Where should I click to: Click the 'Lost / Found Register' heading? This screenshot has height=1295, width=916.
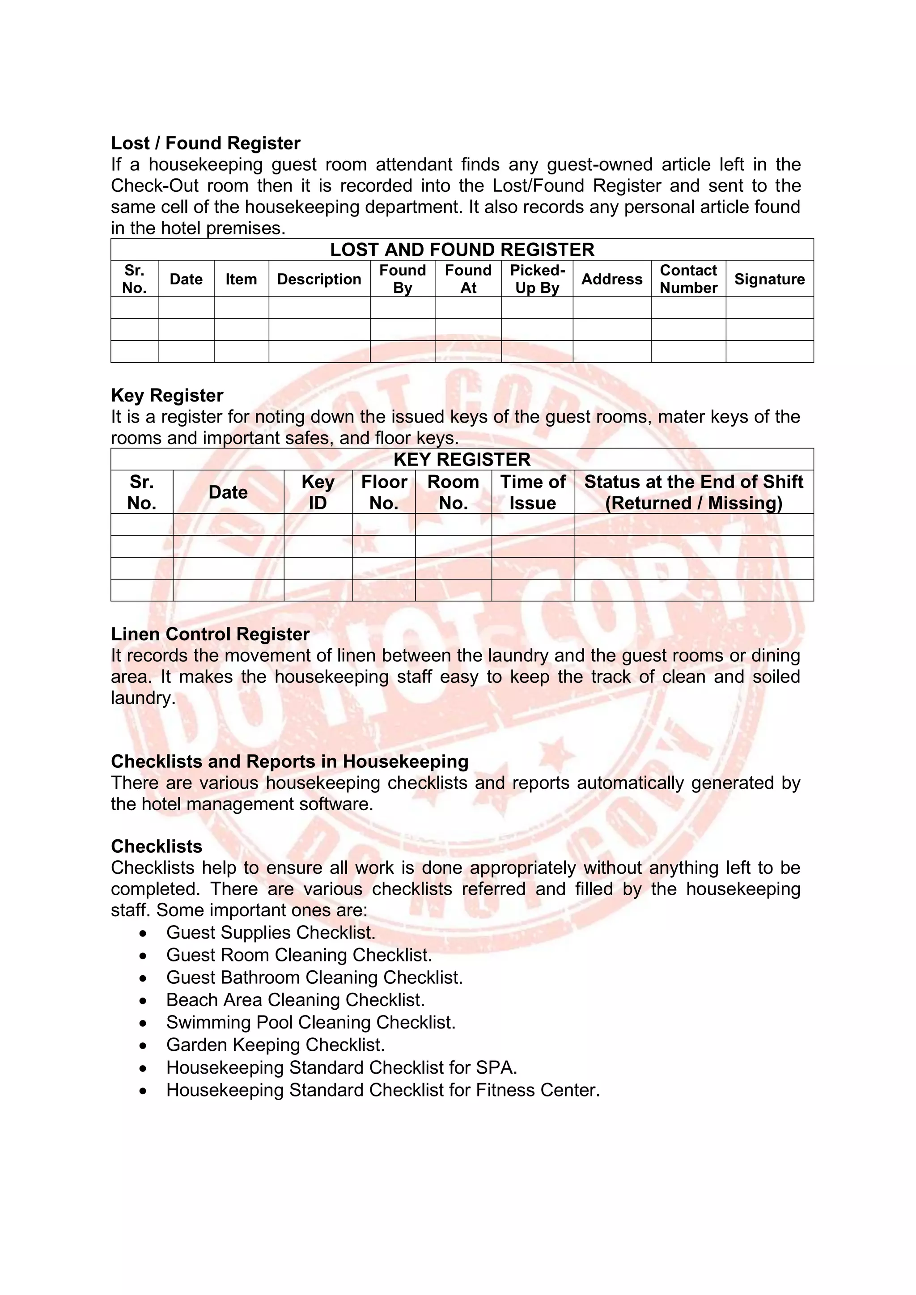coord(205,143)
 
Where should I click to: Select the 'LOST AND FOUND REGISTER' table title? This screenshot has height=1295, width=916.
coord(462,250)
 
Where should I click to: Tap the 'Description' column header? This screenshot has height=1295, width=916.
coord(319,279)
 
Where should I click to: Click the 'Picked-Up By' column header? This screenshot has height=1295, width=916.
coord(537,279)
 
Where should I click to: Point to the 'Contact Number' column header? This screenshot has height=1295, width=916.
coord(688,279)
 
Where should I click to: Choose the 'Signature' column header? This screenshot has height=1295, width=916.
coord(769,279)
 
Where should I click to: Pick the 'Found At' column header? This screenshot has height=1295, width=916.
coord(468,279)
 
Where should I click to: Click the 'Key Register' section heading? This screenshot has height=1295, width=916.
coord(167,395)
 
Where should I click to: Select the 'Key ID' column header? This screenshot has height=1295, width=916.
coord(318,492)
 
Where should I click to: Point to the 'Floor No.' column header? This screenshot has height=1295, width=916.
coord(384,492)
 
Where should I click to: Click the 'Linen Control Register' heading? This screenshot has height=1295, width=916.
coord(210,634)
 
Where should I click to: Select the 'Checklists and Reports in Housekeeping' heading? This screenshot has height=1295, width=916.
coord(289,762)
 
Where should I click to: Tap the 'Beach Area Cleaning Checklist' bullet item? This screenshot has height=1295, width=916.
coord(295,1000)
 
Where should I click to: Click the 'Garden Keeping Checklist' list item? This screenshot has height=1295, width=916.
coord(275,1045)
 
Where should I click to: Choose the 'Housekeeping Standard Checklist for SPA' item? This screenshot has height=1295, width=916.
coord(341,1068)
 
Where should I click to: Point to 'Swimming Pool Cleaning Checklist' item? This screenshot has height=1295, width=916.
coord(311,1023)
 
